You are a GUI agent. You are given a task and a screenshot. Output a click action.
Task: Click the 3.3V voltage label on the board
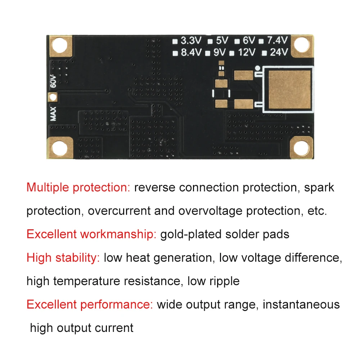191,40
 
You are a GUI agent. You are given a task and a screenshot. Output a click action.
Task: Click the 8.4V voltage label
191,53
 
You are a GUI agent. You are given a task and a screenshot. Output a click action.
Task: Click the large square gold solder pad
289,90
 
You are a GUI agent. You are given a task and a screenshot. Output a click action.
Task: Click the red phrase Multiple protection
78,188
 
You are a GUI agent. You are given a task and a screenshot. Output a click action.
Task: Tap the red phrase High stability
63,258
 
